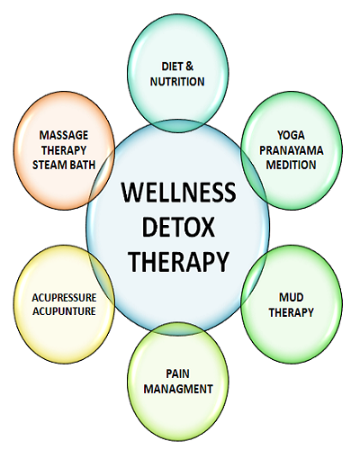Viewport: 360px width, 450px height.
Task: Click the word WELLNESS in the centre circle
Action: point(179,192)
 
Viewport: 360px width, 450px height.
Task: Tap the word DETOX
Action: point(178,227)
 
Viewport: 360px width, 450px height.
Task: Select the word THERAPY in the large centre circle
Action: point(179,262)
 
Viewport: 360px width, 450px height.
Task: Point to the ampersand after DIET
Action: point(190,67)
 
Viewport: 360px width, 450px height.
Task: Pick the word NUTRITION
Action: point(177,82)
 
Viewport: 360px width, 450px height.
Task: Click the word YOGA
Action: point(291,135)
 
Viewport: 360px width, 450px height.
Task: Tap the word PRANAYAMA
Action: point(292,150)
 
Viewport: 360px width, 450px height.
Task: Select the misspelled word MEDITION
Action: point(291,165)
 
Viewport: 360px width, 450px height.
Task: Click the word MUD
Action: point(292,297)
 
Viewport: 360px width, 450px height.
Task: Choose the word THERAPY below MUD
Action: point(291,312)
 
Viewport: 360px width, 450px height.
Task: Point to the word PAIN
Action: point(178,373)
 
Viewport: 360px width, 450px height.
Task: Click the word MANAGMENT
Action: point(178,389)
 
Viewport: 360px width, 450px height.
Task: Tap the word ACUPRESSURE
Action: point(64,298)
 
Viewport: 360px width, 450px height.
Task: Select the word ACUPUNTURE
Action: point(64,311)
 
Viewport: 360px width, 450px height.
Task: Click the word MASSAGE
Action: point(64,135)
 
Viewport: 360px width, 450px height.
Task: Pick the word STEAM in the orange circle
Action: point(49,165)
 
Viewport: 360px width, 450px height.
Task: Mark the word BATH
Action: point(81,165)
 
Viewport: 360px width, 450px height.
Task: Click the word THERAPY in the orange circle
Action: point(64,150)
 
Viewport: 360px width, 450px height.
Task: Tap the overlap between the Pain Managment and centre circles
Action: point(178,329)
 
